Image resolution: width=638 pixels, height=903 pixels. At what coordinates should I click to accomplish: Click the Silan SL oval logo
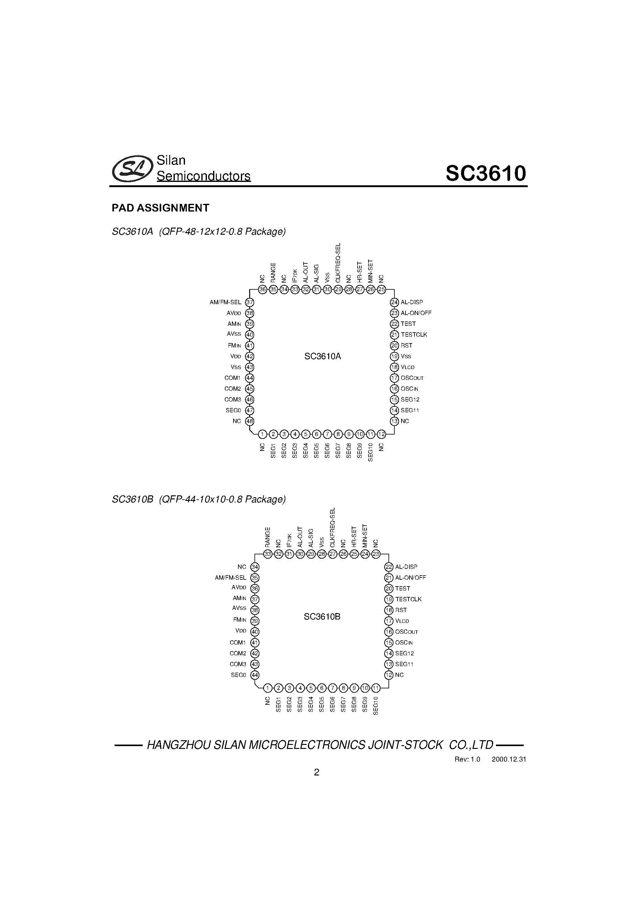point(132,168)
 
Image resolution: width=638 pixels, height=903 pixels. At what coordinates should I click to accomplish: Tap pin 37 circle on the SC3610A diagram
point(250,302)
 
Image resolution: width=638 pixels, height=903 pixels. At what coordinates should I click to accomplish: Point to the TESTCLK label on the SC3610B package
point(408,599)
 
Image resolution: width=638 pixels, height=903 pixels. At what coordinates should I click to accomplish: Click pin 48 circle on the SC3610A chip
point(250,421)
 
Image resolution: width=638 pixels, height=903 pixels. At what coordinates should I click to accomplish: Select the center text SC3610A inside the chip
point(322,356)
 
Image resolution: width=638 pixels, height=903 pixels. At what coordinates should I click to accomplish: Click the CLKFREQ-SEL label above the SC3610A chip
point(338,263)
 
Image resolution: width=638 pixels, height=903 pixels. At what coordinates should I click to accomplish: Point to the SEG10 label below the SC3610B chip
point(375,706)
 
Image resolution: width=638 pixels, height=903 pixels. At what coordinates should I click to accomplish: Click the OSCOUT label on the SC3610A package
point(412,378)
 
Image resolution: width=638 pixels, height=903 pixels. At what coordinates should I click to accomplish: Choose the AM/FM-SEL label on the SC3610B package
point(230,578)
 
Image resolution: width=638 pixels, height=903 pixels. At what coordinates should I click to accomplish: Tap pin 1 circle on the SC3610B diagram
point(267,688)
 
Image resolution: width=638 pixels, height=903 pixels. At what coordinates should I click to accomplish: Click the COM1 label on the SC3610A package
point(232,378)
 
